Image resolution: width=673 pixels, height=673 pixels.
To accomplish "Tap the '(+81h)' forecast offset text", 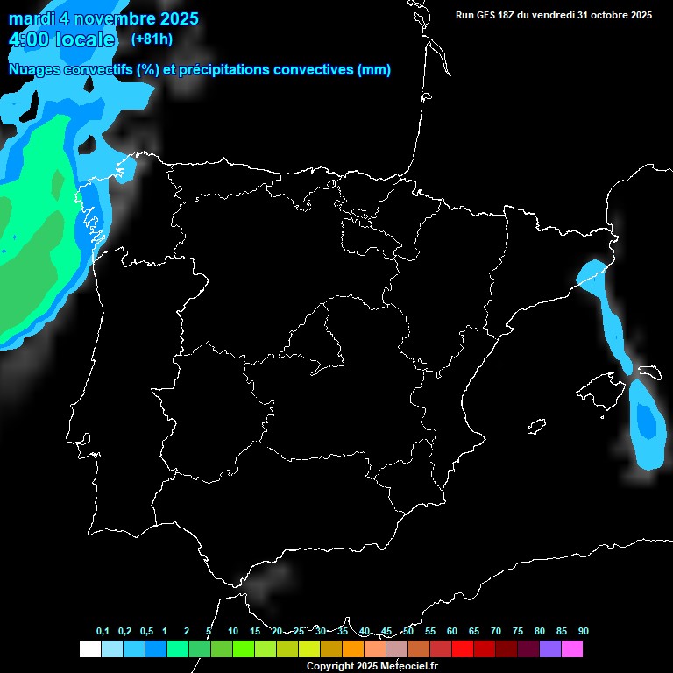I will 152,39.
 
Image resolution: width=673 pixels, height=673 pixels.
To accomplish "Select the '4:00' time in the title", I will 27,39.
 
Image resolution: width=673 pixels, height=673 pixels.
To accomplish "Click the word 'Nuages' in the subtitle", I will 33,70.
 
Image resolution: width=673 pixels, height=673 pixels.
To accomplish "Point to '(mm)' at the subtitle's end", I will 374,70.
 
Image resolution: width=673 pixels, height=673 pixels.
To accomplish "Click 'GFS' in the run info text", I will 491,15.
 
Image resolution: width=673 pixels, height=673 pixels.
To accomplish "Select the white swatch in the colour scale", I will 89,649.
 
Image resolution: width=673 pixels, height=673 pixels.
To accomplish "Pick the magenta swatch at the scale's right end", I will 572,649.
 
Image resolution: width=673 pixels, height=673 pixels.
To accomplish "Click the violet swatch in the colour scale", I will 550,649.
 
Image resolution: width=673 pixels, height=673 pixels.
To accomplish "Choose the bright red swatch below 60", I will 463,649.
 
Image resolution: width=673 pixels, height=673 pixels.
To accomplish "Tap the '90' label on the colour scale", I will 584,632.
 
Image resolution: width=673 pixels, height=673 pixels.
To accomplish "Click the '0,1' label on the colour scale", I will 103,632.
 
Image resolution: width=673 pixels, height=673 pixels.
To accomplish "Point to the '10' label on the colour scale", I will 233,632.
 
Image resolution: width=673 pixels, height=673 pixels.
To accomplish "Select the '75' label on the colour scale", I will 518,632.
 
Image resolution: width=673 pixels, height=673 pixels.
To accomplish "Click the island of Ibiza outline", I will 536,427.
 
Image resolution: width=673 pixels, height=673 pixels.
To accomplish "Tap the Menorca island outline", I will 649,372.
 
